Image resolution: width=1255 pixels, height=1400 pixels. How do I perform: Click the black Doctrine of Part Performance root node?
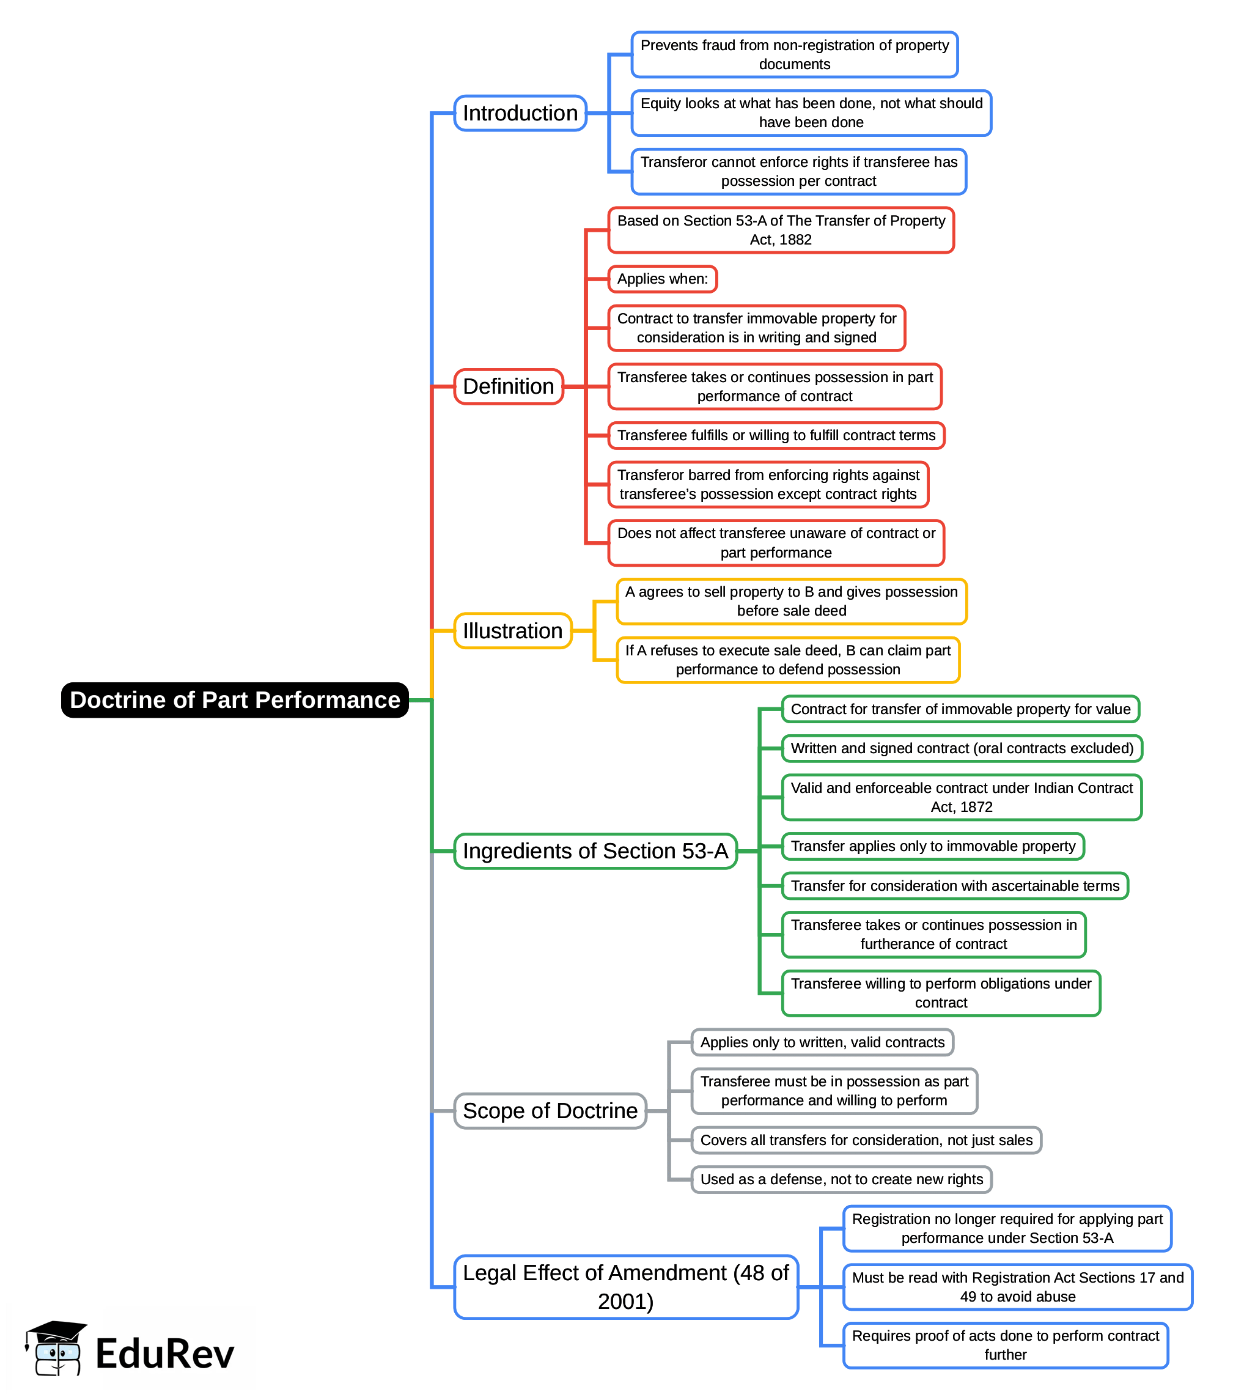point(235,699)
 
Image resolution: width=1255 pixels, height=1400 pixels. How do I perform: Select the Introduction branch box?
point(520,113)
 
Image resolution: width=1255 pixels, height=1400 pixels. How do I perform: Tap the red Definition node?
point(508,386)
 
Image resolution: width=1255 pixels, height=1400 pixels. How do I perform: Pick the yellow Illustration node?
point(512,630)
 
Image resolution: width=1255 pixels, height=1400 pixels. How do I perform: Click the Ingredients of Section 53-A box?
point(595,850)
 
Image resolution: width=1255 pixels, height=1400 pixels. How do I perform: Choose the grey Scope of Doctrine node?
point(550,1110)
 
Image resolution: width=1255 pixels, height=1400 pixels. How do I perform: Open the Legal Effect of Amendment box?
point(625,1286)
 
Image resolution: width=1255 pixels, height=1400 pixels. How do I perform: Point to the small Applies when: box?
point(662,279)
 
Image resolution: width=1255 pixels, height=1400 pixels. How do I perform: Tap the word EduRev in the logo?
point(165,1353)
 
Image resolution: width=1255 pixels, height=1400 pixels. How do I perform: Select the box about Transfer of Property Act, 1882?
point(781,230)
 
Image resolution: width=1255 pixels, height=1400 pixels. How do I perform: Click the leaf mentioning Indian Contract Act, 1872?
point(961,797)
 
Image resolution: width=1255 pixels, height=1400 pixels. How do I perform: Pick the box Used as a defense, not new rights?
point(841,1179)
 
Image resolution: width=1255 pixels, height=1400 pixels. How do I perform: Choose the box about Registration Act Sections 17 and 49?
point(1017,1286)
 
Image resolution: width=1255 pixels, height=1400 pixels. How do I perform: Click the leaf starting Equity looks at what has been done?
point(811,113)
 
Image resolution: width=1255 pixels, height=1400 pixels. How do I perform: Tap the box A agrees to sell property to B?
point(791,601)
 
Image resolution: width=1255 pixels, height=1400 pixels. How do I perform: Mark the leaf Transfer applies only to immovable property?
point(932,846)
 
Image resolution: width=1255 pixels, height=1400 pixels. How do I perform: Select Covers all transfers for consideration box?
point(866,1140)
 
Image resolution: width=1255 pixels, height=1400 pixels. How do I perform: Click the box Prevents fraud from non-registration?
point(794,54)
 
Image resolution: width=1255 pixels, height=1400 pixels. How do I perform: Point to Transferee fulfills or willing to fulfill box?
point(776,435)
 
